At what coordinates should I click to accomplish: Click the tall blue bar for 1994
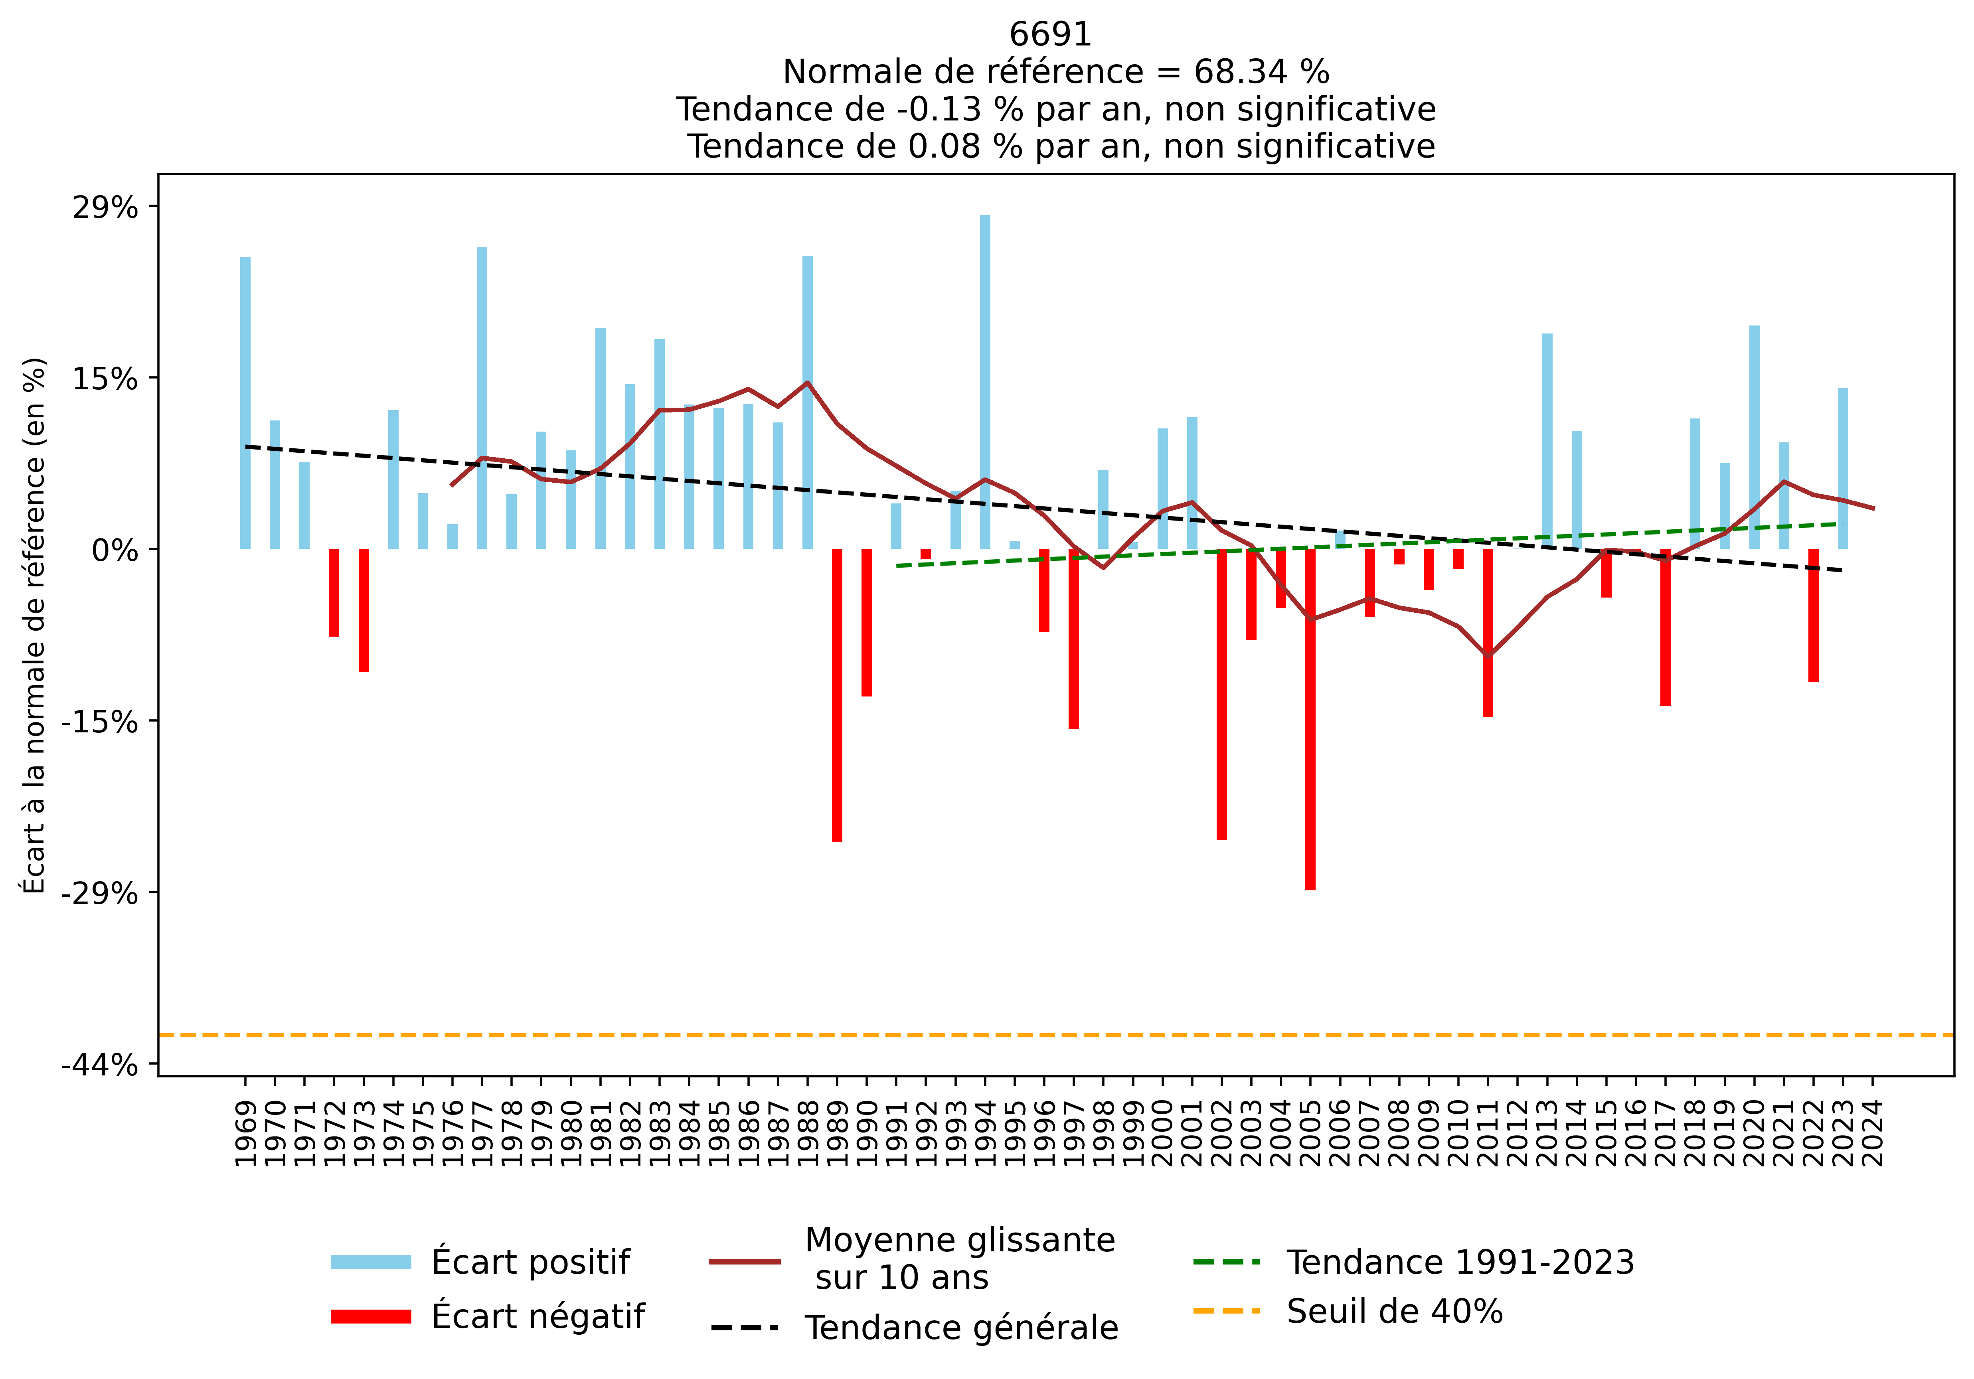point(985,382)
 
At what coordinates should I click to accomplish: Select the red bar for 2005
point(1310,720)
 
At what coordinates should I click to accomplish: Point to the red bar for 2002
point(1222,694)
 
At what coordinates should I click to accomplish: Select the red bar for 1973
point(364,610)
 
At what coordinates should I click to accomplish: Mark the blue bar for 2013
point(1547,441)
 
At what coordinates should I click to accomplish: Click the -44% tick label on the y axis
point(100,1065)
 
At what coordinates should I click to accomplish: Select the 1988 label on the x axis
point(807,1133)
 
